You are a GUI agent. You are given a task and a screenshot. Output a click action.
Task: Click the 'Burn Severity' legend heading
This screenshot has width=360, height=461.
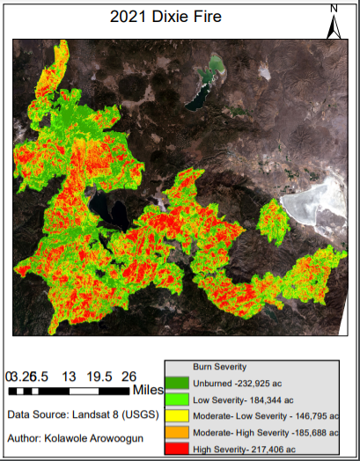[x=219, y=366]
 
